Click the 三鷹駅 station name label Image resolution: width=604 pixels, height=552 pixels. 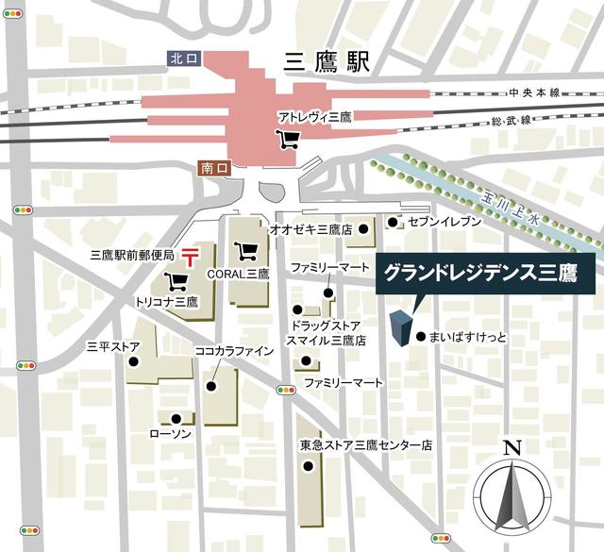click(327, 63)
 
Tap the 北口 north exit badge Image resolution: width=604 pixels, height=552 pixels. click(183, 59)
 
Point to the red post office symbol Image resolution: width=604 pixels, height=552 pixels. click(191, 255)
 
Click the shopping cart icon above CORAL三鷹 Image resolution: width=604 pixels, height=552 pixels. click(248, 252)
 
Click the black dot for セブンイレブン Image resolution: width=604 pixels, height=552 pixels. click(393, 222)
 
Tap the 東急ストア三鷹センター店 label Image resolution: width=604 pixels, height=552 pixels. click(366, 443)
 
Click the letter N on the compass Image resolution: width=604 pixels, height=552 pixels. click(512, 448)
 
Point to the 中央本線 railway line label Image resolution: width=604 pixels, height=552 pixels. click(534, 92)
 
